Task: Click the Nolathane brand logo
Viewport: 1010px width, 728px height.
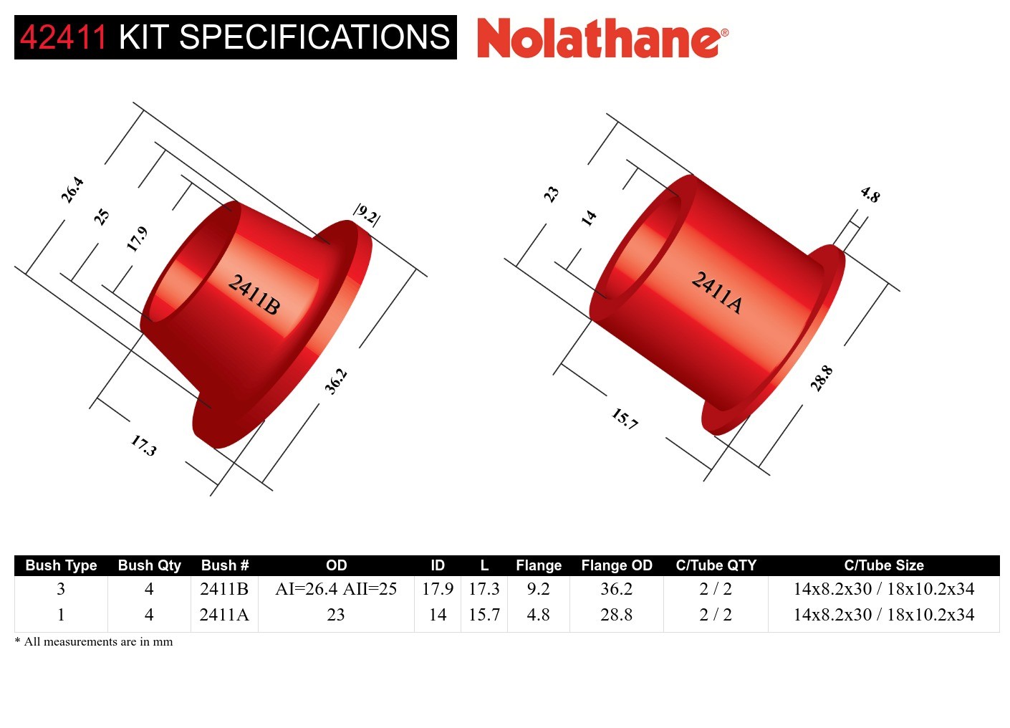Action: click(603, 38)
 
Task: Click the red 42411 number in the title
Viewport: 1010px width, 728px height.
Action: click(63, 37)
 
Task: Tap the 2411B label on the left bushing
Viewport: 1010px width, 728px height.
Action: click(254, 294)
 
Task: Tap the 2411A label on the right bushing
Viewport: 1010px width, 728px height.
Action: click(717, 292)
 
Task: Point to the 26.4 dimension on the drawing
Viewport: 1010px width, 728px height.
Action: click(72, 190)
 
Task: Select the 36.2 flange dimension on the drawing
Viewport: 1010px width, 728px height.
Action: click(337, 382)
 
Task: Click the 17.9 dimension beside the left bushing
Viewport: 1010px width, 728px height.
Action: click(137, 239)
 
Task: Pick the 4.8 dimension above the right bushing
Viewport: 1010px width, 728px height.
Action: click(870, 195)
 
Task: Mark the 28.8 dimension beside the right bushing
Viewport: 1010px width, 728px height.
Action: click(822, 378)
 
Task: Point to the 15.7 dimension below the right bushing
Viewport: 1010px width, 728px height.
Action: click(625, 418)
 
